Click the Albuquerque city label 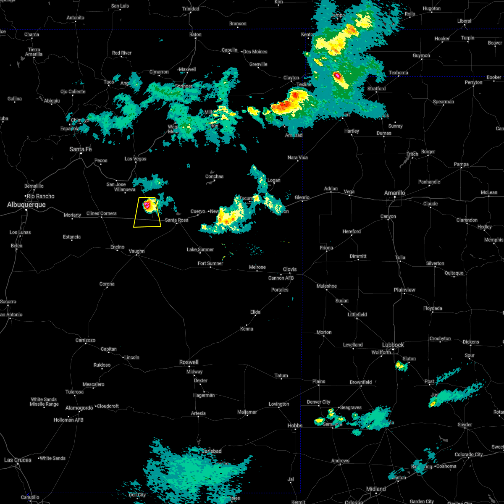coord(26,205)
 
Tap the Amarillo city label coord(395,193)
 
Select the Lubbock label coord(393,345)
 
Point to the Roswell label coord(189,362)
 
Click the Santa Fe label coord(81,149)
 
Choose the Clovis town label coord(290,269)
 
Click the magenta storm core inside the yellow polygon coord(147,205)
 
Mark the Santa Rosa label coord(176,220)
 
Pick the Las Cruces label coord(18,460)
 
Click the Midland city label coord(376,489)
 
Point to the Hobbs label coord(295,425)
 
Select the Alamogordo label coord(79,408)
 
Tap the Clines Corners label coord(101,213)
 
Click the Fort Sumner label coord(210,263)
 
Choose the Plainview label coord(404,290)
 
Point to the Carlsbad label coord(211,451)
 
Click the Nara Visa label coord(297,157)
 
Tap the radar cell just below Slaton coord(400,366)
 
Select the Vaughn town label coord(136,251)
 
